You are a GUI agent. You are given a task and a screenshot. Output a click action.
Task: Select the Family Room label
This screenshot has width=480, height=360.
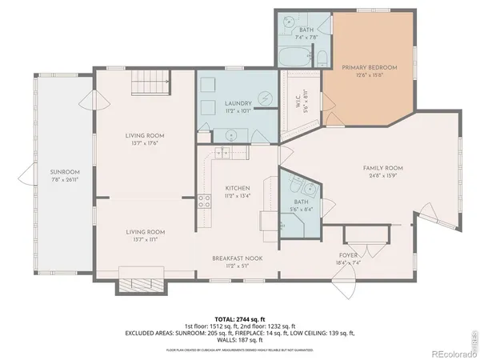pos(382,168)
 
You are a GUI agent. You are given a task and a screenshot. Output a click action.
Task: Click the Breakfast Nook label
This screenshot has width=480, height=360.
pos(237,258)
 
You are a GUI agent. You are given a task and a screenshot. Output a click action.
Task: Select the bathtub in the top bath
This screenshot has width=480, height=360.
pos(293,58)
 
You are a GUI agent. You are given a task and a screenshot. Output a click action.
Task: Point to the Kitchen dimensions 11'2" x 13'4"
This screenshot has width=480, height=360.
pos(237,194)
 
